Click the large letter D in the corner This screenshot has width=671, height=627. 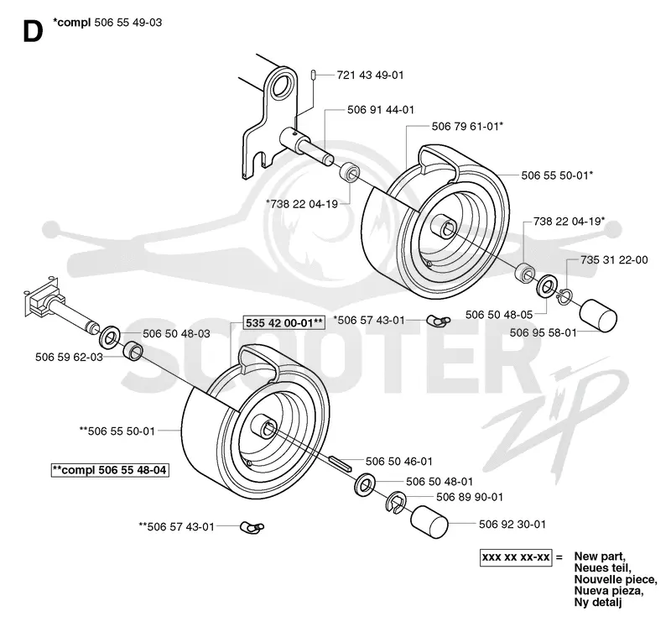pos(33,32)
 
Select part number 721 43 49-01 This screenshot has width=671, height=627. pos(370,75)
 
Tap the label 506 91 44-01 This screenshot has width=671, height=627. pos(381,110)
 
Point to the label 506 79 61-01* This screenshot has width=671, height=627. pos(467,127)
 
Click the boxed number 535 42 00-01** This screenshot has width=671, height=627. pos(283,322)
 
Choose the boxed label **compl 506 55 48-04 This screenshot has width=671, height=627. pos(109,470)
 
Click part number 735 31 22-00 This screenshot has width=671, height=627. pos(614,260)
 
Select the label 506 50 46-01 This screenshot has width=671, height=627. pos(399,462)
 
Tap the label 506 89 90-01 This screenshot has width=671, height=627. pos(470,497)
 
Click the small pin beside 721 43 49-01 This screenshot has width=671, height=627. pos(313,75)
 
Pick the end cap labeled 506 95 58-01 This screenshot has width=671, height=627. pos(598,316)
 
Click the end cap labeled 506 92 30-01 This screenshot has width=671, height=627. pos(429,521)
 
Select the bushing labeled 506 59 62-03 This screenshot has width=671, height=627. pos(133,350)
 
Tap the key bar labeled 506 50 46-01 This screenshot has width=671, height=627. pos(340,463)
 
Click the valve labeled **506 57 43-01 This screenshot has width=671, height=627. pos(252,528)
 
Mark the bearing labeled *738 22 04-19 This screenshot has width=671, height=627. pos(350,172)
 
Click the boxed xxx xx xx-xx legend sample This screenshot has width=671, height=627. pos(516,557)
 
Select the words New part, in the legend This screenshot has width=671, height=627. pos(600,556)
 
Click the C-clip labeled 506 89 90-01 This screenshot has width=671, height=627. pos(395,501)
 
